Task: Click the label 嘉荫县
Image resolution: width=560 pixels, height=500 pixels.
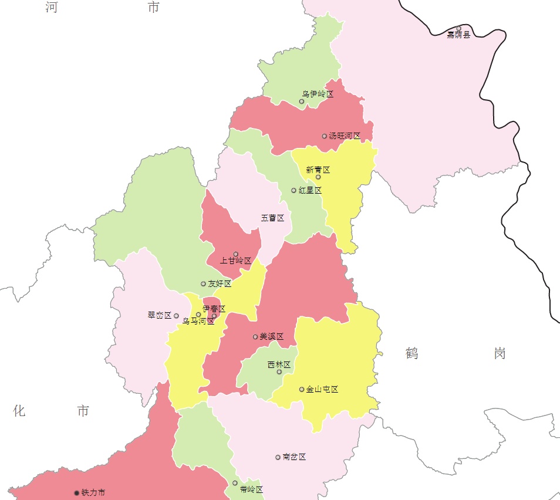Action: coord(458,35)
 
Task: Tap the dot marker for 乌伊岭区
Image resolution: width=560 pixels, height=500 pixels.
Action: coord(302,102)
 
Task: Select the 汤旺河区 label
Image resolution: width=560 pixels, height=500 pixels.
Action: coord(345,136)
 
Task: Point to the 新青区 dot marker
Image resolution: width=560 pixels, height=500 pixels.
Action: coord(318,177)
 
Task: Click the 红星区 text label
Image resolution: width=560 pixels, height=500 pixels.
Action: coord(310,191)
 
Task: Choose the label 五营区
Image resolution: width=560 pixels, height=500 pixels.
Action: coord(272,218)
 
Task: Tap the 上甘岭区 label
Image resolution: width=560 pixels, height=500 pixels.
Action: coord(235,261)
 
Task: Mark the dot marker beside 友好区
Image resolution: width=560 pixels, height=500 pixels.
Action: coord(203,284)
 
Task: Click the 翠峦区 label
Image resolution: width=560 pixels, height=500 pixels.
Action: coord(159,315)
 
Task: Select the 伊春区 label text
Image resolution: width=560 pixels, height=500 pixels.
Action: coord(214,309)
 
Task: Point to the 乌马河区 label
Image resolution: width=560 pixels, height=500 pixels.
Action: coord(198,322)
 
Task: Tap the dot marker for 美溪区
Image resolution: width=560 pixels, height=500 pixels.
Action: coord(255,337)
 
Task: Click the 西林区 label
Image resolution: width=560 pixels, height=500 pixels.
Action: coord(279,364)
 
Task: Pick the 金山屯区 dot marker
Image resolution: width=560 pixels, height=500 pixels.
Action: coord(302,390)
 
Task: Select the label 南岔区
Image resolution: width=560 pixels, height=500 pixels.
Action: coord(294,457)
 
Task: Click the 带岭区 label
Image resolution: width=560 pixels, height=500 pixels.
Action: coord(251,489)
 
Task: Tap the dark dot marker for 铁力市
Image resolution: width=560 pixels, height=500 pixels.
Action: coord(76,493)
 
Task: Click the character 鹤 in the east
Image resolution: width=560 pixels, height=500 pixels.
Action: coord(411,353)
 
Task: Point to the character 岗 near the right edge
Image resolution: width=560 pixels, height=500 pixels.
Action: coord(500,353)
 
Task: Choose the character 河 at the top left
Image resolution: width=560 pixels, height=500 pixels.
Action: coord(52,7)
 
